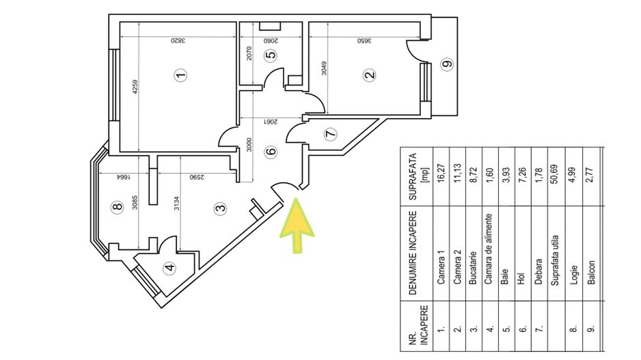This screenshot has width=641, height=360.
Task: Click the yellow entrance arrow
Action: [297, 224]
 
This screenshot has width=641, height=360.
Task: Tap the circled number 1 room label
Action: [180, 74]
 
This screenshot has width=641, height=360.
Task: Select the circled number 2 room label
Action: [370, 74]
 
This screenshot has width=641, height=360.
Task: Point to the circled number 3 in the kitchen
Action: [220, 208]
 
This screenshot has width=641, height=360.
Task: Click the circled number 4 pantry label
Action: [169, 268]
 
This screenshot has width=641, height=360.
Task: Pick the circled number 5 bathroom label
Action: [271, 55]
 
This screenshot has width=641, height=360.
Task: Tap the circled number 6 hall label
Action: [271, 152]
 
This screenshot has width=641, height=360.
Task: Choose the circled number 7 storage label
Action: [330, 134]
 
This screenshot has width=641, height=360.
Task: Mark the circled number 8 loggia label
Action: [118, 207]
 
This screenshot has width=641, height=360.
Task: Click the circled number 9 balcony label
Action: [448, 64]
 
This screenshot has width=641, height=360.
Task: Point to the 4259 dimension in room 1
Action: [136, 87]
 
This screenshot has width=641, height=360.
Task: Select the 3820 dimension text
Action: [178, 40]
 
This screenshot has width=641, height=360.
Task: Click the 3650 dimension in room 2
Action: [365, 40]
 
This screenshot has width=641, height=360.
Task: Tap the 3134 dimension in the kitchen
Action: [176, 204]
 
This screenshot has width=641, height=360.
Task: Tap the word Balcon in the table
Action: [590, 273]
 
